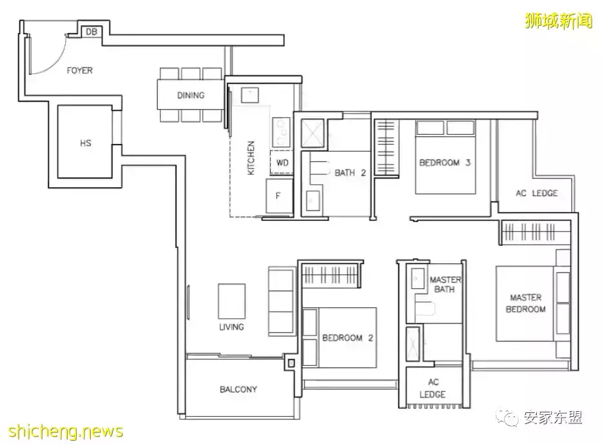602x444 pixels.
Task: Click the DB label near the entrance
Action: pyautogui.click(x=92, y=32)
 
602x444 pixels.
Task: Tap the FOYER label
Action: pyautogui.click(x=79, y=70)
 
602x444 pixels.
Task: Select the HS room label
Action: pyautogui.click(x=86, y=143)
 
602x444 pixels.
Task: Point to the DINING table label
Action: pyautogui.click(x=191, y=95)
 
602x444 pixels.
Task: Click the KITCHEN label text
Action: pyautogui.click(x=251, y=157)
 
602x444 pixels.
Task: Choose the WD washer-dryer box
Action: pyautogui.click(x=282, y=163)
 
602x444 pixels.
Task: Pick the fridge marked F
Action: pyautogui.click(x=279, y=196)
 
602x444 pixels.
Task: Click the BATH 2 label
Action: pyautogui.click(x=350, y=173)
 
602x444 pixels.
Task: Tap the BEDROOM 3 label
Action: pyautogui.click(x=445, y=162)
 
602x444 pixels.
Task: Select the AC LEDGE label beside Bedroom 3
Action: pyautogui.click(x=536, y=193)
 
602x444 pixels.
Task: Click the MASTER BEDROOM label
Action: pyautogui.click(x=525, y=303)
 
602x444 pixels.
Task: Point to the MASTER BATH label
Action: pyautogui.click(x=445, y=285)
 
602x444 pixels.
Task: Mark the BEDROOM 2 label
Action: pyautogui.click(x=347, y=338)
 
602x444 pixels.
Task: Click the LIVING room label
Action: pyautogui.click(x=231, y=327)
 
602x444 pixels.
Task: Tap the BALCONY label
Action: pyautogui.click(x=238, y=389)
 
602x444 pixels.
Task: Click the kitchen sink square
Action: pyautogui.click(x=249, y=95)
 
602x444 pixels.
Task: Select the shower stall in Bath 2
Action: pyautogui.click(x=313, y=134)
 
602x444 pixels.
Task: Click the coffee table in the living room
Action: pyautogui.click(x=231, y=301)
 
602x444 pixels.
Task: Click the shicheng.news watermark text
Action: pyautogui.click(x=66, y=431)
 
